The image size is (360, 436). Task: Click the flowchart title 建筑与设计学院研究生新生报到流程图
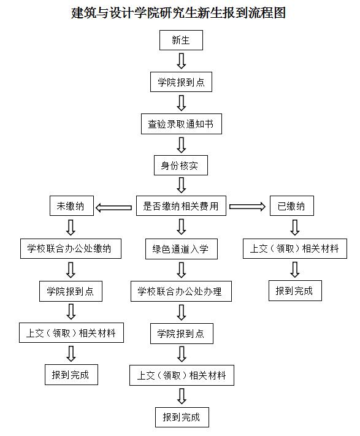pos(178,13)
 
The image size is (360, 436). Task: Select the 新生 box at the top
pos(181,40)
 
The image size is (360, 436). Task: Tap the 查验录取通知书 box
pos(182,124)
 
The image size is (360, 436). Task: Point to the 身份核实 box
pos(181,166)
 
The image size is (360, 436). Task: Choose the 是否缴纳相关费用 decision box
pos(181,206)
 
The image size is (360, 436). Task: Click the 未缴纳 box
pos(71,206)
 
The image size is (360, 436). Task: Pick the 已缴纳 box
pos(291,206)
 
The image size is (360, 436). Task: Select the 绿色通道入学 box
pos(182,249)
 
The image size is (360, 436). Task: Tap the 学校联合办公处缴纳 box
pos(71,248)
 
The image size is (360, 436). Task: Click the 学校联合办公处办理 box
pos(181,291)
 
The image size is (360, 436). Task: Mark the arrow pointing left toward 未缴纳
pos(113,207)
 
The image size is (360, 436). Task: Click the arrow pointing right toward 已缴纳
pos(247,206)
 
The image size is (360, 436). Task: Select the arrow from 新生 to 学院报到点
pos(182,61)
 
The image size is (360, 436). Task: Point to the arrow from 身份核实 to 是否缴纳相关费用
pos(182,185)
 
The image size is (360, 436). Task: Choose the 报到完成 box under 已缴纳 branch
pos(295,291)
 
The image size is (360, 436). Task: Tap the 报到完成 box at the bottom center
pos(182,417)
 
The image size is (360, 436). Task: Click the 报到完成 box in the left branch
pos(71,375)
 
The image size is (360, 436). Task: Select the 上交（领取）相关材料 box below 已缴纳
pos(294,248)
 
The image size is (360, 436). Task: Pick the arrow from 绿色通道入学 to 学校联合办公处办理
pos(182,270)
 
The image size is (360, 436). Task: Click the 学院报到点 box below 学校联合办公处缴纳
pos(71,291)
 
